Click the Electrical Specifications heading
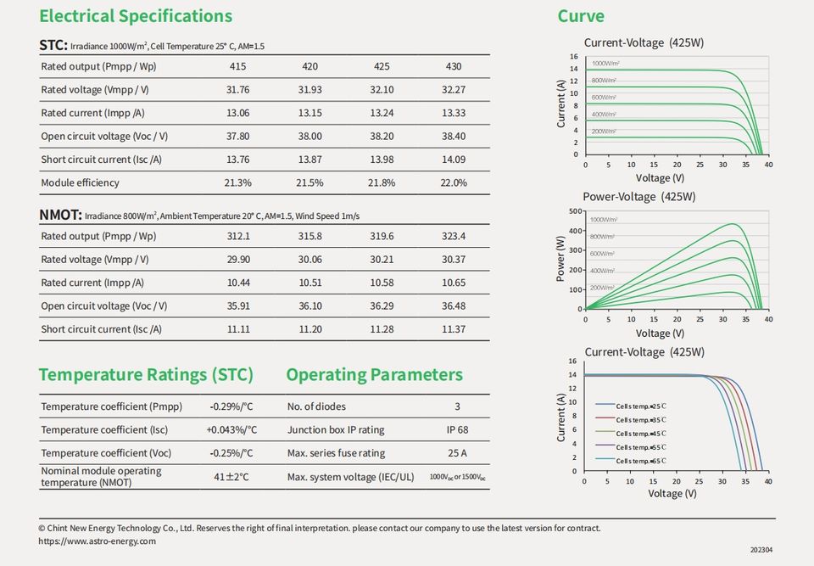(x=136, y=16)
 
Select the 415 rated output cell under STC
(x=238, y=66)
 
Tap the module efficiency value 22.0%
(x=454, y=182)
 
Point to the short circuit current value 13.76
(x=238, y=160)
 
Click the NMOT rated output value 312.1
(x=238, y=236)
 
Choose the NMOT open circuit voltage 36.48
(x=454, y=305)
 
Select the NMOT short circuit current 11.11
(x=238, y=329)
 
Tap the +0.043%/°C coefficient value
(x=231, y=430)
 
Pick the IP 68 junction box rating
(x=457, y=430)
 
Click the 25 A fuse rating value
(x=457, y=453)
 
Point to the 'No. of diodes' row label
(x=316, y=406)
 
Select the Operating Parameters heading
(x=374, y=375)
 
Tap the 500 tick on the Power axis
(x=575, y=211)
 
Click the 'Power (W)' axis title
(x=560, y=259)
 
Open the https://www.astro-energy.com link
(x=98, y=541)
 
